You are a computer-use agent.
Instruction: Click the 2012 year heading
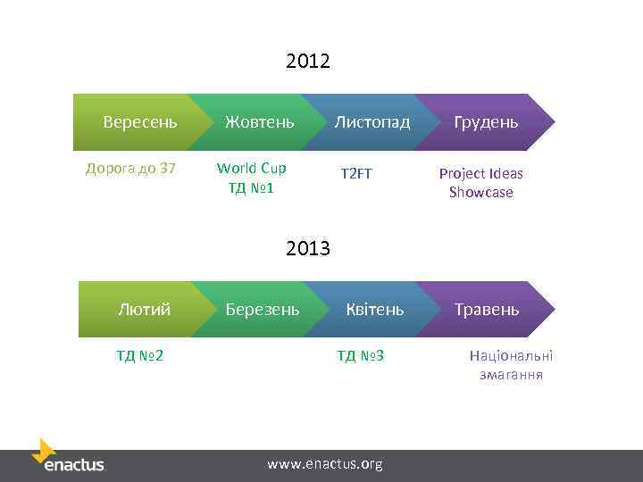(308, 62)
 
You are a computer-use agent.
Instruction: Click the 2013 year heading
(308, 248)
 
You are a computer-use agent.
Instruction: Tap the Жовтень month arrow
(259, 121)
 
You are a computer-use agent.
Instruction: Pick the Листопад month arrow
(372, 121)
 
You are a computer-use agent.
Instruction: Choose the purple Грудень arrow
(487, 121)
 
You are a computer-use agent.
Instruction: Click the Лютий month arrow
(144, 309)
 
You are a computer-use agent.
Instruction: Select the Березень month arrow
(262, 309)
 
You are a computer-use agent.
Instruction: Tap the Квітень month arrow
(374, 309)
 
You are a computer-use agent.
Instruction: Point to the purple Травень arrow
(487, 309)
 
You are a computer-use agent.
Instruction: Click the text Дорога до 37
(130, 168)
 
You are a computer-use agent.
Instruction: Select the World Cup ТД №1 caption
(251, 178)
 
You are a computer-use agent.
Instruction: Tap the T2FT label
(355, 173)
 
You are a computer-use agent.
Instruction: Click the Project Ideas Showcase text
(480, 182)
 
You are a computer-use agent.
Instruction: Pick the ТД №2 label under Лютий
(139, 356)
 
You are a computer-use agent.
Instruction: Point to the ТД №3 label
(360, 356)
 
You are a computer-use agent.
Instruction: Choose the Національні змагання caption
(511, 365)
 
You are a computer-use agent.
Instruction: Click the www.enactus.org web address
(325, 463)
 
